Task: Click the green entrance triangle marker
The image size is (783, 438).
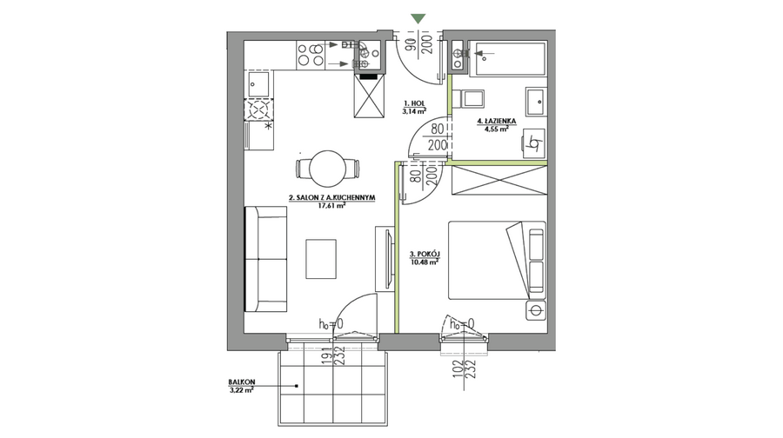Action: pos(418,19)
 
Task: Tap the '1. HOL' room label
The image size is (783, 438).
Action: pos(414,103)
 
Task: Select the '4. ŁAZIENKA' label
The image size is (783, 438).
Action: pos(497,121)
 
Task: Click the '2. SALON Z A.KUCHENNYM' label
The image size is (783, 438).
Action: pos(332,197)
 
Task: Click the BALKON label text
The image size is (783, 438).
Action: pos(242,382)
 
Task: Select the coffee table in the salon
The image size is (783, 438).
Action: pos(321,259)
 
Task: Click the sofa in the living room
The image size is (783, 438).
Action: pos(265,259)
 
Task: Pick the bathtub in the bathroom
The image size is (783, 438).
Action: pos(509,59)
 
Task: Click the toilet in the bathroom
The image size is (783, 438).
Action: pos(471,98)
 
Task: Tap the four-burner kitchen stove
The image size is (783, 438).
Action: pos(310,56)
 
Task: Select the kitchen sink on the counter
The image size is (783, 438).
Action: pos(258,84)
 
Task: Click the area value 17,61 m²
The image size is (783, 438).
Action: pos(332,204)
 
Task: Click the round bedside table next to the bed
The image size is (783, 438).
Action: pos(536,310)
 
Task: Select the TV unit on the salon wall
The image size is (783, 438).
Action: pos(385,258)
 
